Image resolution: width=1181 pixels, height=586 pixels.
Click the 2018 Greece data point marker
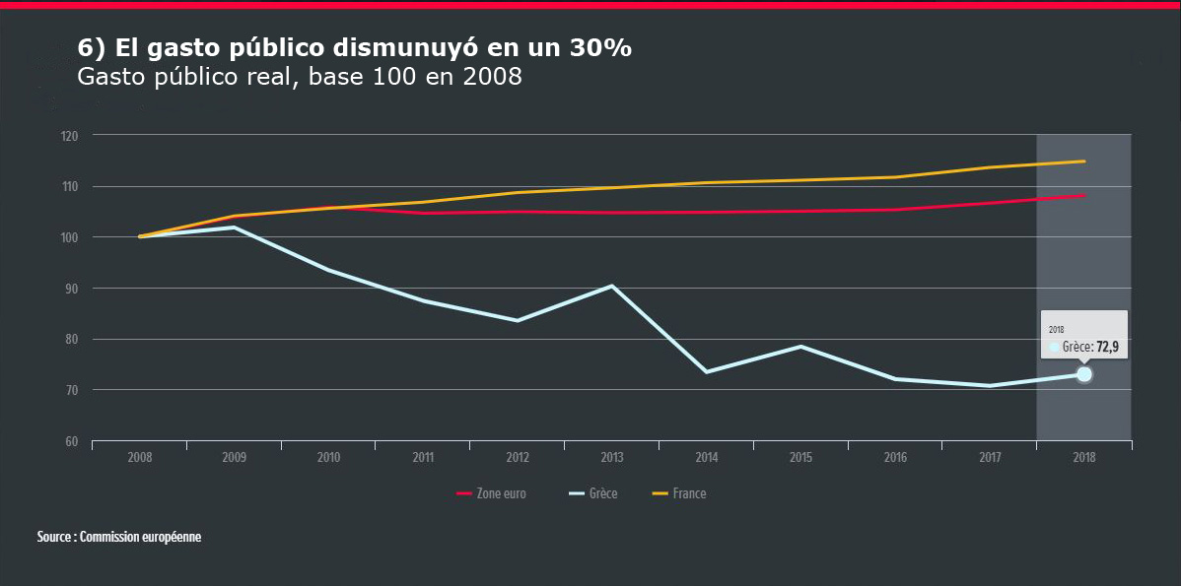pyautogui.click(x=1084, y=374)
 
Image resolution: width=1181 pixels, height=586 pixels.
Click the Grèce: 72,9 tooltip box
pyautogui.click(x=1083, y=338)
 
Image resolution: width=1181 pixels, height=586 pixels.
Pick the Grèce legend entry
pyautogui.click(x=594, y=493)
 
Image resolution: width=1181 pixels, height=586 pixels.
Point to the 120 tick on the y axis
pyautogui.click(x=69, y=136)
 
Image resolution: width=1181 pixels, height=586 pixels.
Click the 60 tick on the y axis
pyautogui.click(x=71, y=441)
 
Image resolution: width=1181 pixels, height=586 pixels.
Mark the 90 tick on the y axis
pyautogui.click(x=71, y=289)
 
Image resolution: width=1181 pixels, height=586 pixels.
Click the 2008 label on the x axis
pyautogui.click(x=140, y=458)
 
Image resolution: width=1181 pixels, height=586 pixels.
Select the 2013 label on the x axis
pyautogui.click(x=612, y=458)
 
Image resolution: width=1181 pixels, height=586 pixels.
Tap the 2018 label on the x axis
pyautogui.click(x=1084, y=458)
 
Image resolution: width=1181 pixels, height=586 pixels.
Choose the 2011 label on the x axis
pyautogui.click(x=423, y=458)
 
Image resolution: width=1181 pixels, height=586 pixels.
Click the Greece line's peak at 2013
pyautogui.click(x=612, y=286)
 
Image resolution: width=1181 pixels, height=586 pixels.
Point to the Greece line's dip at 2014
pyautogui.click(x=707, y=371)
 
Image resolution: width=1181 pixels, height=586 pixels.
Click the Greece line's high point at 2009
pyautogui.click(x=234, y=228)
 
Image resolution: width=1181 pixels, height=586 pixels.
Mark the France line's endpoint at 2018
pyautogui.click(x=1084, y=162)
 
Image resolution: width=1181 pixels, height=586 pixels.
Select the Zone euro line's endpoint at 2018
pyautogui.click(x=1084, y=195)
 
